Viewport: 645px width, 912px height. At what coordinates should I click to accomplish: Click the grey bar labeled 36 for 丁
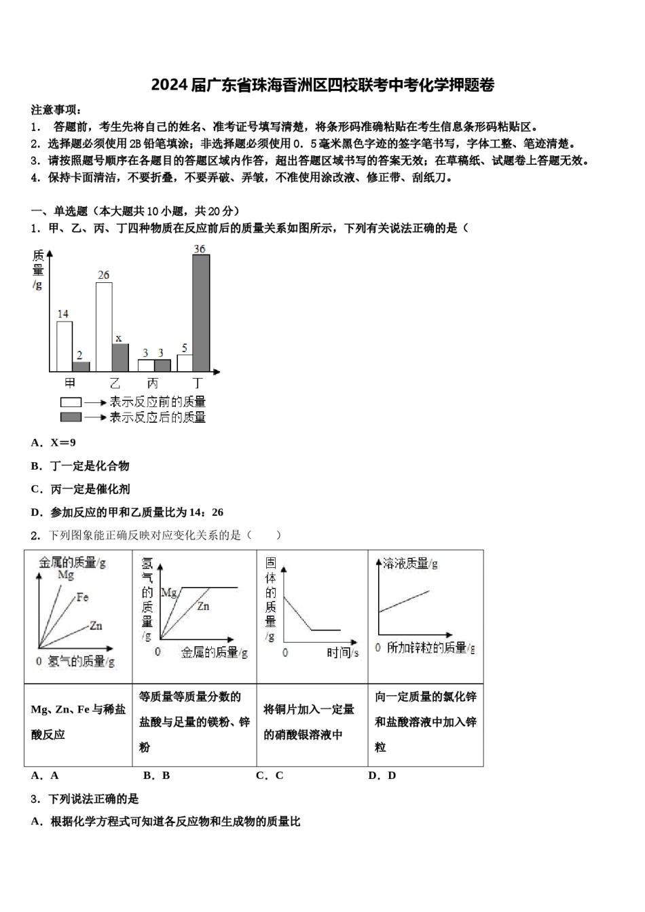pyautogui.click(x=201, y=312)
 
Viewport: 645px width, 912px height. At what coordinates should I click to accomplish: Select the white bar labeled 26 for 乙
pyautogui.click(x=104, y=326)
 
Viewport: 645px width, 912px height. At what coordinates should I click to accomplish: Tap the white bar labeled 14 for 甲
pyautogui.click(x=64, y=346)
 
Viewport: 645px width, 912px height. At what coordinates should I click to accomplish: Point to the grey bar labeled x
pyautogui.click(x=120, y=357)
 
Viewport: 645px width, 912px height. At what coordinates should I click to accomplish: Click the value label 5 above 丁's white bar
pyautogui.click(x=184, y=348)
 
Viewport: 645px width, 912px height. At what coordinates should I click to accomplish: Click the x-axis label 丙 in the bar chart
pyautogui.click(x=153, y=383)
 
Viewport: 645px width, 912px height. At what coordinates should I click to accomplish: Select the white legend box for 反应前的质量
pyautogui.click(x=71, y=402)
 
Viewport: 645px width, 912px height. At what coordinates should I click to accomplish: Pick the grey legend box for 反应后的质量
pyautogui.click(x=71, y=417)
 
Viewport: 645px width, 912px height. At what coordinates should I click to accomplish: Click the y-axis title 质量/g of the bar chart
pyautogui.click(x=38, y=269)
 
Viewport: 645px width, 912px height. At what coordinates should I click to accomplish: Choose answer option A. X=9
pyautogui.click(x=54, y=443)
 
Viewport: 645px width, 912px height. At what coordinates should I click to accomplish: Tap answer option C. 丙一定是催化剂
pyautogui.click(x=80, y=489)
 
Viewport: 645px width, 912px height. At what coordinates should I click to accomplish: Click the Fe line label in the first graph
pyautogui.click(x=82, y=597)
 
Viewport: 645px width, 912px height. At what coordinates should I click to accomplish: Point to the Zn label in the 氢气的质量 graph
pyautogui.click(x=203, y=606)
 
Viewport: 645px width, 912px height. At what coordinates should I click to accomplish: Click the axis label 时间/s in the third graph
pyautogui.click(x=342, y=652)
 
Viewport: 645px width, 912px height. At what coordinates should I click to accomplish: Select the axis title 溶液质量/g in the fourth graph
pyautogui.click(x=410, y=563)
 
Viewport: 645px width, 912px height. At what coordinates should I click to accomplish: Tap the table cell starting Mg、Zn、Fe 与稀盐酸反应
pyautogui.click(x=77, y=722)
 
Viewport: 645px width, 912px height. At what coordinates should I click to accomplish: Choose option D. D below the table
pyautogui.click(x=382, y=776)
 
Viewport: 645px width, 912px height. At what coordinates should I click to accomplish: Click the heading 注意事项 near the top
pyautogui.click(x=56, y=110)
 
